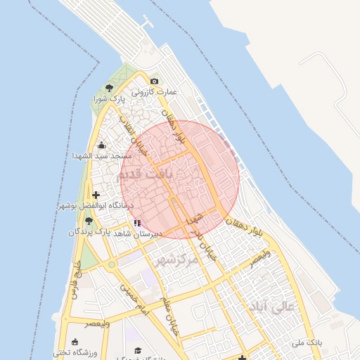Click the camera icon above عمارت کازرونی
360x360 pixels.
(x=155, y=82)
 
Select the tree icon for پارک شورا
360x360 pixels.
(x=108, y=88)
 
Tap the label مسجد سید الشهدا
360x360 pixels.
(x=99, y=155)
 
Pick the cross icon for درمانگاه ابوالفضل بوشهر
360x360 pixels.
(x=96, y=195)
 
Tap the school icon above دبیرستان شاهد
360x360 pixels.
(x=136, y=223)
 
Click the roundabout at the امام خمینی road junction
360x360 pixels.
(x=110, y=266)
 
